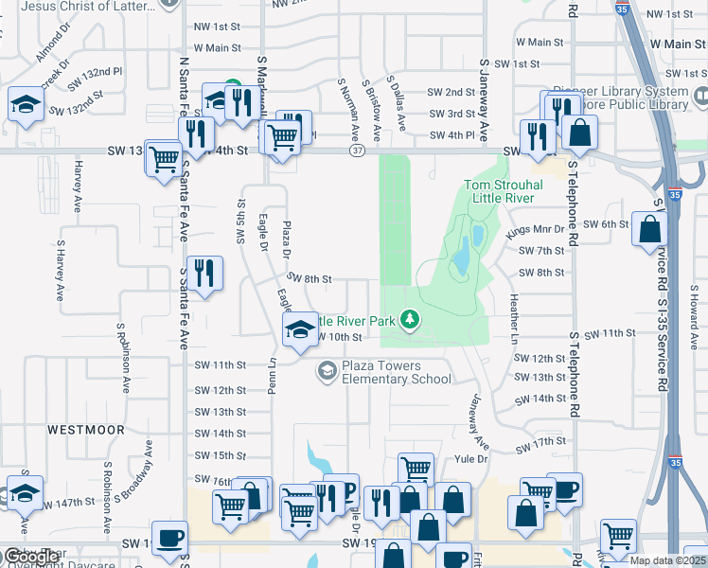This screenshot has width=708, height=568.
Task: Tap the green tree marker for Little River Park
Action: click(x=410, y=320)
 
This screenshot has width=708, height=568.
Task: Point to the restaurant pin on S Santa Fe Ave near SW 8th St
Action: click(x=204, y=274)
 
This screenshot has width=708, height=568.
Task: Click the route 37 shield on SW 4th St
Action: click(x=356, y=151)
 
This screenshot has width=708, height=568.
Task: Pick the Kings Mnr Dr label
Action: click(x=536, y=230)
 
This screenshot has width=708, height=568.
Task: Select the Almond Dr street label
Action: click(x=53, y=41)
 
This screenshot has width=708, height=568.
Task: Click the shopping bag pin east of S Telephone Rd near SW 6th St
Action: click(x=650, y=228)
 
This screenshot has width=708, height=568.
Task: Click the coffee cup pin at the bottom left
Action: click(x=169, y=538)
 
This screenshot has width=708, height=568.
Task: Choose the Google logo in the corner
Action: click(x=31, y=557)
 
